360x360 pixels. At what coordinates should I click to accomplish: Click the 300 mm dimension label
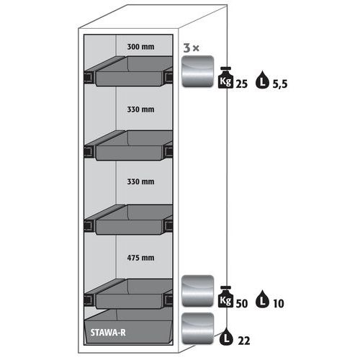pyautogui.click(x=140, y=47)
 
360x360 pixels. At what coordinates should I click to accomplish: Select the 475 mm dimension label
pyautogui.click(x=140, y=258)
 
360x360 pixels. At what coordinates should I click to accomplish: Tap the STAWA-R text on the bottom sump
pyautogui.click(x=108, y=333)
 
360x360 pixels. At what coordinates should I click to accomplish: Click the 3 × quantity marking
pyautogui.click(x=192, y=48)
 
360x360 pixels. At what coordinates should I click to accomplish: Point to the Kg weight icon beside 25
pyautogui.click(x=225, y=78)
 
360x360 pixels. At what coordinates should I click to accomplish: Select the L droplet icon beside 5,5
pyautogui.click(x=262, y=80)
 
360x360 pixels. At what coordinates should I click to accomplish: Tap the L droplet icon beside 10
pyautogui.click(x=262, y=299)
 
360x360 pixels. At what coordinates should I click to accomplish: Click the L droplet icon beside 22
pyautogui.click(x=226, y=336)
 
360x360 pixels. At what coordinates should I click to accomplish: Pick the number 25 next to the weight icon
pyautogui.click(x=242, y=84)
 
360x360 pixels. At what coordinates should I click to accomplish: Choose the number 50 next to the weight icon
pyautogui.click(x=242, y=304)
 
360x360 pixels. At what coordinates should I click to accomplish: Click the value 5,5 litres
pyautogui.click(x=280, y=84)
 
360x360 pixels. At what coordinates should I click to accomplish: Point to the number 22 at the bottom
pyautogui.click(x=244, y=341)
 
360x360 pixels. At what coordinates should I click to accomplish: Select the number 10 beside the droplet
pyautogui.click(x=279, y=304)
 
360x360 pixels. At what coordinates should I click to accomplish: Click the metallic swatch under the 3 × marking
pyautogui.click(x=198, y=71)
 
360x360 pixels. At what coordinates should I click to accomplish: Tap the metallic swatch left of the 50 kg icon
pyautogui.click(x=198, y=291)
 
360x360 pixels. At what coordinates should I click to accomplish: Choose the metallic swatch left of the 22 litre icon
pyautogui.click(x=198, y=328)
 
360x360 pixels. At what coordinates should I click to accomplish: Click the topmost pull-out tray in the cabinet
pyautogui.click(x=128, y=71)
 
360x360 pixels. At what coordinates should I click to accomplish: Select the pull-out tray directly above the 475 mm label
pyautogui.click(x=128, y=220)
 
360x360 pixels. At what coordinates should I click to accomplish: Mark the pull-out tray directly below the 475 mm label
pyautogui.click(x=128, y=294)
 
